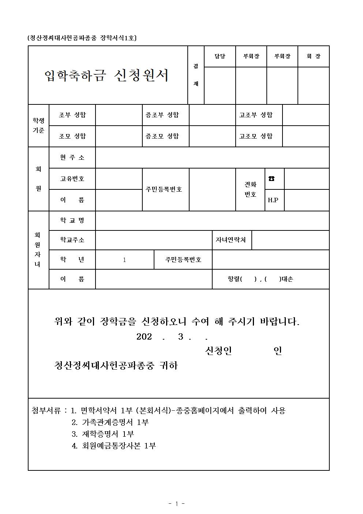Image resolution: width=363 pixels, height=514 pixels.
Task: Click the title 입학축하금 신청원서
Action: tap(106, 75)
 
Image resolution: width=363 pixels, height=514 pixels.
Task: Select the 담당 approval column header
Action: tap(220, 56)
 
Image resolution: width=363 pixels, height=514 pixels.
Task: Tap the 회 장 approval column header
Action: tap(313, 56)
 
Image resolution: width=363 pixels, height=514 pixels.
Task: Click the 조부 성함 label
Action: tap(72, 115)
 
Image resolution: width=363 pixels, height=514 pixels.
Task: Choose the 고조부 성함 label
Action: tap(256, 115)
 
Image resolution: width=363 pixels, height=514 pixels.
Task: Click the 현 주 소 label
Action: tap(72, 158)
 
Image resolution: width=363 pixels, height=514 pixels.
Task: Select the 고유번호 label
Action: tap(72, 179)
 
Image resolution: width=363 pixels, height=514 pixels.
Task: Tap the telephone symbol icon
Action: tap(272, 179)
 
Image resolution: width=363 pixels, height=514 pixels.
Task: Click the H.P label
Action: tap(273, 200)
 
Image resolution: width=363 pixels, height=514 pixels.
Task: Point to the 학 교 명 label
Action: tap(72, 221)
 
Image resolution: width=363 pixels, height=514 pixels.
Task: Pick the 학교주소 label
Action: tap(72, 240)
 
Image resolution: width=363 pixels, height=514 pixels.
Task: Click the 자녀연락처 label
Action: tap(231, 240)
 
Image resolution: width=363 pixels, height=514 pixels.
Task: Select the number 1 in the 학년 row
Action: tap(124, 260)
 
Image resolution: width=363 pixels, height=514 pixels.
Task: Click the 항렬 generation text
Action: tap(260, 279)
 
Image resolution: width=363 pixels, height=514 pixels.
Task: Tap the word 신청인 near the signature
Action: tap(218, 351)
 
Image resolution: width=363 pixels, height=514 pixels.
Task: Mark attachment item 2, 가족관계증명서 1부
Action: tap(110, 422)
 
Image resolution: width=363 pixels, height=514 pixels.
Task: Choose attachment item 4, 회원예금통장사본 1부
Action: tap(114, 446)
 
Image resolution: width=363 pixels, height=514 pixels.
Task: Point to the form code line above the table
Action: tap(82, 38)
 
